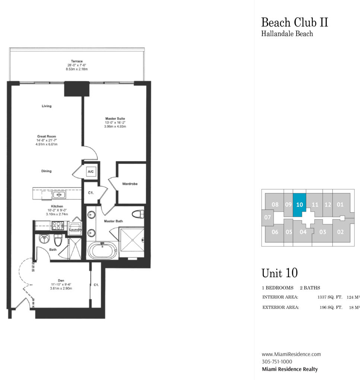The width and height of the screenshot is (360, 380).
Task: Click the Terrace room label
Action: coord(77,61)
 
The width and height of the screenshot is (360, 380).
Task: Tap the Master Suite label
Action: coord(115,118)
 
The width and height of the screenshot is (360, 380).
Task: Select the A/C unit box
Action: coord(91,172)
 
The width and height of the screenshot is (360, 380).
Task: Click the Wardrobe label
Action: coord(130,184)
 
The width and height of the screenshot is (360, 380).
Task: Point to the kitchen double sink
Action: coord(59,194)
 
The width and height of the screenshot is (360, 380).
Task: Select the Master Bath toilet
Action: coord(138,214)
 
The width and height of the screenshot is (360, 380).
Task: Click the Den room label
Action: coord(61,281)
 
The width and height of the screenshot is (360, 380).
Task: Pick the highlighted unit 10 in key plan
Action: coord(299,205)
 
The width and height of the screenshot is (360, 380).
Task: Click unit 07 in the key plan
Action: coord(268,217)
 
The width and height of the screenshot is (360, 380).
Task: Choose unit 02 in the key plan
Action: coord(340,232)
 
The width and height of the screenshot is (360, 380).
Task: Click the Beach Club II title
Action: coord(294,22)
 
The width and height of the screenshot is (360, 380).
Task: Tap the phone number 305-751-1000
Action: coord(277,362)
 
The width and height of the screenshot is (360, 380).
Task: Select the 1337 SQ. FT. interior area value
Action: coord(330,297)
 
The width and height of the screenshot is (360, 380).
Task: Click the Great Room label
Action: coord(47,136)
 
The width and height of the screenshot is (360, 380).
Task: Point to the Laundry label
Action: coord(75,229)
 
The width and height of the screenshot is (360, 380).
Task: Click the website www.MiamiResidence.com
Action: coord(291,354)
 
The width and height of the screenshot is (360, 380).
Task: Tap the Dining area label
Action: coord(46,171)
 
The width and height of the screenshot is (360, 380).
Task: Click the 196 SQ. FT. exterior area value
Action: coord(331,307)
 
